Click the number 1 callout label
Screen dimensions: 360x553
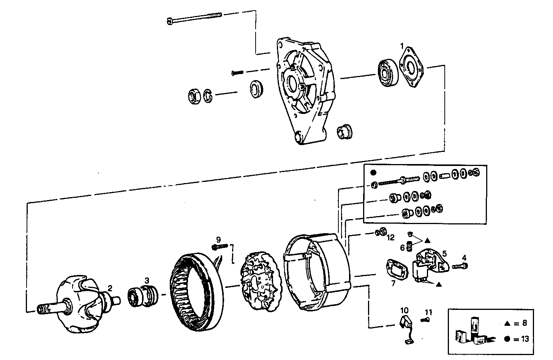click(401, 46)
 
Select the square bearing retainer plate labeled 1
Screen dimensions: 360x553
click(412, 68)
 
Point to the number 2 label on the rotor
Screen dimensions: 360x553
click(110, 288)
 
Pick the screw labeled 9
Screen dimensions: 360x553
click(220, 247)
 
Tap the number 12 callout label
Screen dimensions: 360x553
click(391, 238)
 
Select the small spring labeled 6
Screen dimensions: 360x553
click(410, 246)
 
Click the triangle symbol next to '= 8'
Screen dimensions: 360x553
click(507, 324)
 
